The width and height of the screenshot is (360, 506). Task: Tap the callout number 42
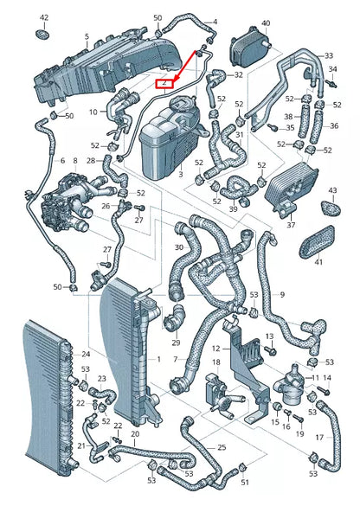44,17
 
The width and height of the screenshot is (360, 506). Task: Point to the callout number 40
265,22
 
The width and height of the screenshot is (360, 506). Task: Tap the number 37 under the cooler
291,225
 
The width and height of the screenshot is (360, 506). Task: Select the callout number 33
329,55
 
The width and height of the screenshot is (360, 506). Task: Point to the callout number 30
178,247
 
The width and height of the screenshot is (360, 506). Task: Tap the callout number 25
222,447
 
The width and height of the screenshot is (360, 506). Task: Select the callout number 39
233,209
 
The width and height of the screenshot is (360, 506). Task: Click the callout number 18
217,362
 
